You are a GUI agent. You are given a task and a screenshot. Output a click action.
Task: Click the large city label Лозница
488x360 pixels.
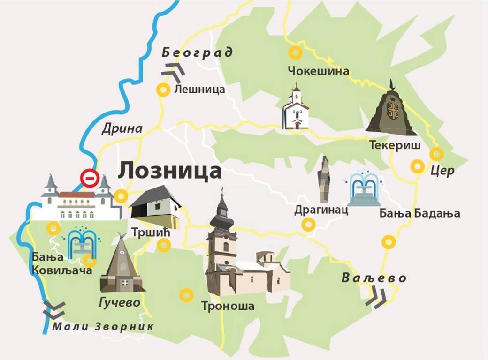(x=169, y=171)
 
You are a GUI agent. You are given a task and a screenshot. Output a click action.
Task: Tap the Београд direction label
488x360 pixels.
(x=197, y=52)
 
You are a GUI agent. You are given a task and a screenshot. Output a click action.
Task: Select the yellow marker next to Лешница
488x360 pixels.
(x=163, y=90)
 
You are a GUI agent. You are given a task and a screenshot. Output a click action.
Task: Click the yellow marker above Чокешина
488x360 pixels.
(x=295, y=53)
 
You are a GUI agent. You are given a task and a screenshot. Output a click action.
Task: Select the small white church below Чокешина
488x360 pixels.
(x=296, y=109)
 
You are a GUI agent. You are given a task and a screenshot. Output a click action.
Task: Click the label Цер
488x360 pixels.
(x=442, y=171)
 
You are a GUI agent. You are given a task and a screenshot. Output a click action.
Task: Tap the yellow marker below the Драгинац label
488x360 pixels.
(x=308, y=225)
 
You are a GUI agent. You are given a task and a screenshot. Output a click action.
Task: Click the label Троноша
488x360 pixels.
(x=228, y=307)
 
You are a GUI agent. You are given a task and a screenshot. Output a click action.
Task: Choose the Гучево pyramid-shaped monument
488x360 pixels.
(x=121, y=264)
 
